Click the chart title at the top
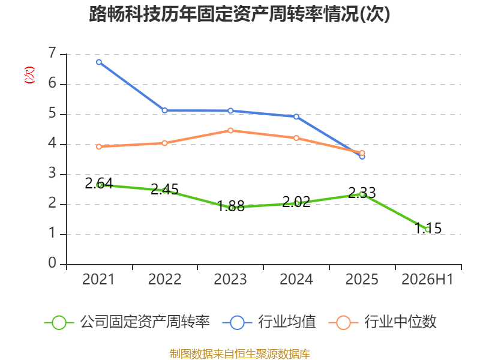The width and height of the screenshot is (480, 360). click(x=239, y=14)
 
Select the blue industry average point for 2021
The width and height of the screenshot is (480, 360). click(x=99, y=62)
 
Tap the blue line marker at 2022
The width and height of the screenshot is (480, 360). click(x=164, y=110)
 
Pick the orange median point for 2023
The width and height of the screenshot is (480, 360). click(x=230, y=130)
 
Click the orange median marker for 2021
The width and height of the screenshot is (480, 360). click(x=99, y=146)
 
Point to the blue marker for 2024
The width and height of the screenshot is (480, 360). click(x=296, y=116)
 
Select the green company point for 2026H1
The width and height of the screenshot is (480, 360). click(x=428, y=230)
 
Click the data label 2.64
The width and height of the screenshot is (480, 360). click(x=99, y=184)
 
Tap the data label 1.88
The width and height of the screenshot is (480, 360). click(x=230, y=206)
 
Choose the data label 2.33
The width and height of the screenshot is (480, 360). click(x=362, y=193)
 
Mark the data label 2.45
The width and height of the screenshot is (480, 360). click(x=164, y=190)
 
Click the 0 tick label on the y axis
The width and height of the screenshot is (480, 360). click(x=53, y=263)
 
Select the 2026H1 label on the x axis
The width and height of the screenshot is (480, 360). click(x=427, y=280)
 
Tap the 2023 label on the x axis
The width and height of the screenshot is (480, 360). click(x=230, y=280)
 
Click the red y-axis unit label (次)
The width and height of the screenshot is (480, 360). click(x=29, y=75)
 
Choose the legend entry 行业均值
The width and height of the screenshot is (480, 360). click(x=269, y=322)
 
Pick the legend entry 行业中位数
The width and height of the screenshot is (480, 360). click(x=382, y=322)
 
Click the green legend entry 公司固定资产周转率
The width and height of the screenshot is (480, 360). click(x=127, y=322)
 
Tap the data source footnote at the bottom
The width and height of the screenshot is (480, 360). click(x=240, y=354)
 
